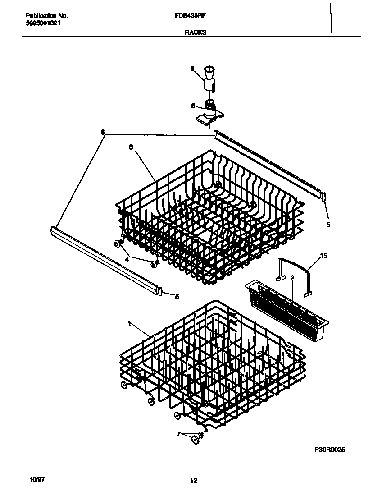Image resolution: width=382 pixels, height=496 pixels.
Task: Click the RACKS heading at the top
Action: point(195,32)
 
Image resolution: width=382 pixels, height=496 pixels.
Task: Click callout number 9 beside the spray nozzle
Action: point(192,69)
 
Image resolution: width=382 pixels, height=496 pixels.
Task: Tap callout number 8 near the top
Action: point(193,106)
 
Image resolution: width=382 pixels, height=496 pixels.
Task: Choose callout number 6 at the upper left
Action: point(103,132)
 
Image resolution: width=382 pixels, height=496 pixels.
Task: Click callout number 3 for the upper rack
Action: point(131,147)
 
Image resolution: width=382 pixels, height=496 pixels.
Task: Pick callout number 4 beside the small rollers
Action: point(127,259)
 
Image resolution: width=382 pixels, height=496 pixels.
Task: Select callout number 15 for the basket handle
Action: point(324,256)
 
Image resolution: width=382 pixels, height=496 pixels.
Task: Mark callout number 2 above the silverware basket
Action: point(292,278)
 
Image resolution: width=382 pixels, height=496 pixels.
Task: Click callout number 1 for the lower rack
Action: point(129,323)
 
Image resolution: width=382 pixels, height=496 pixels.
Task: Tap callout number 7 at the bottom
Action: point(178,434)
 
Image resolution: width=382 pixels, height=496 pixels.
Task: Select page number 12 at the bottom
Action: point(193,481)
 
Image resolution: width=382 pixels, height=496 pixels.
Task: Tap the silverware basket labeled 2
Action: point(286,307)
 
